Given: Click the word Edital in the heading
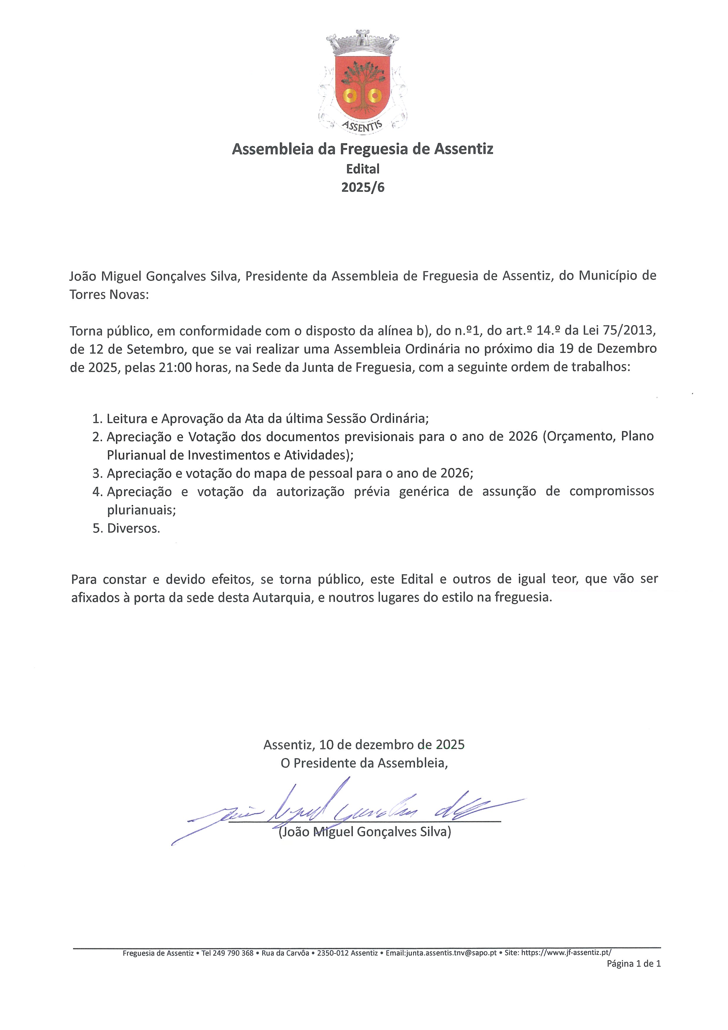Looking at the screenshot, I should coord(363,169).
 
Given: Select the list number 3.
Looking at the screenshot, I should coord(97,473).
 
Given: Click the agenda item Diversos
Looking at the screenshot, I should coord(133,528).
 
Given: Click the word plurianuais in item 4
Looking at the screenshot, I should coord(141,510).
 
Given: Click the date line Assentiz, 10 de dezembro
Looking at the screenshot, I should coord(363,745).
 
